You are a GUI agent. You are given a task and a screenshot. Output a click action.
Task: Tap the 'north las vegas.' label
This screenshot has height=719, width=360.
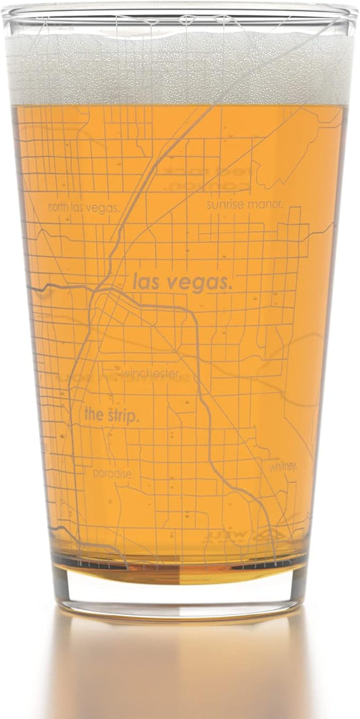84,207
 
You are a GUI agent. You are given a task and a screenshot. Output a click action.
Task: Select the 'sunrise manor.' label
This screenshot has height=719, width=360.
245,203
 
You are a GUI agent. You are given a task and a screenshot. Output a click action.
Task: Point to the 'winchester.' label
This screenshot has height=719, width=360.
151,374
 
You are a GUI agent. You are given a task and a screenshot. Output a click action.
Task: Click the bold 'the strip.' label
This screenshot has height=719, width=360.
112,416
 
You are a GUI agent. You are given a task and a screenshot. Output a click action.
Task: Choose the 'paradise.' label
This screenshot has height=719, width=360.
113,474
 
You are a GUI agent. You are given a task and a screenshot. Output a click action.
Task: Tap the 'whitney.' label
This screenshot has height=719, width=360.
283,466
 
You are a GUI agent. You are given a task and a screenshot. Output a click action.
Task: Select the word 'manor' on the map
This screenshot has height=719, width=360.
268,203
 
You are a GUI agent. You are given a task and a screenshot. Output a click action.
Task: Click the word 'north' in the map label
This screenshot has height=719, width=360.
60,207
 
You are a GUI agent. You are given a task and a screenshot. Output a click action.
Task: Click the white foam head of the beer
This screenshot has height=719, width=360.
180,68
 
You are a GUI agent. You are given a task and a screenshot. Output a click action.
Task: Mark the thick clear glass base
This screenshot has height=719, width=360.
180,591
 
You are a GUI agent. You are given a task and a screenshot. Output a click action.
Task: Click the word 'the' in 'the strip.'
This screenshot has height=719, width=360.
93,415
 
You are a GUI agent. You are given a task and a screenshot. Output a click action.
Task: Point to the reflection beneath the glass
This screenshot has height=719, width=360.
180,669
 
